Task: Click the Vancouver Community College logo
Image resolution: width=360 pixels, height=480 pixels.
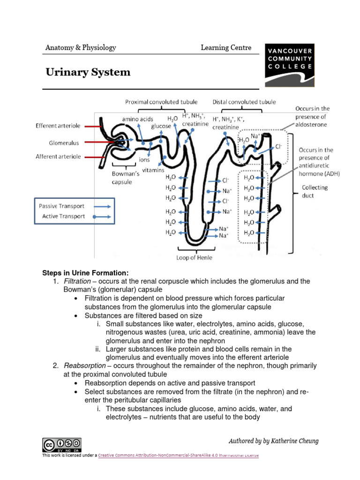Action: (x=289, y=65)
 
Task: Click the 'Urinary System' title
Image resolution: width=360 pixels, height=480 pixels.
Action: (x=88, y=72)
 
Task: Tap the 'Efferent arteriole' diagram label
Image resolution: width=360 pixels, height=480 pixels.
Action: (x=59, y=126)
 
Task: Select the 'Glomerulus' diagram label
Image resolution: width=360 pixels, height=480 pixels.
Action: (x=64, y=142)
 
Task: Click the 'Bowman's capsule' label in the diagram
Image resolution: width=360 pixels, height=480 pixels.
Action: (x=125, y=178)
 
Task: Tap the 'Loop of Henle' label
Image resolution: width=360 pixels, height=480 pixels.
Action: (x=194, y=257)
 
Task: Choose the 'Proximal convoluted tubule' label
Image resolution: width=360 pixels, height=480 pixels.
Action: (x=161, y=102)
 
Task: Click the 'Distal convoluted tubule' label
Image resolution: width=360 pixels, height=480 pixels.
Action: (x=244, y=102)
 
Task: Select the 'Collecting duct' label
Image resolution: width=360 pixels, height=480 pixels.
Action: (x=315, y=191)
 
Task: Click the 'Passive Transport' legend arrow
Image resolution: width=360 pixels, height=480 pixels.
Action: (x=102, y=206)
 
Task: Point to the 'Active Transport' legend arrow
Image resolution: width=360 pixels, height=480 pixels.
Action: (x=102, y=217)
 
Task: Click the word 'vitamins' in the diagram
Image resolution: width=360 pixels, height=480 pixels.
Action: (x=153, y=170)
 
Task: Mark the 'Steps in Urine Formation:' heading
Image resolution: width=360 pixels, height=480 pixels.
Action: (x=85, y=273)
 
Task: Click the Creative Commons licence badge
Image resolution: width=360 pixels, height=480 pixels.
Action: (x=61, y=444)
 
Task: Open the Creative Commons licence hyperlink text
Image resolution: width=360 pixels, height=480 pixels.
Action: (x=178, y=455)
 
